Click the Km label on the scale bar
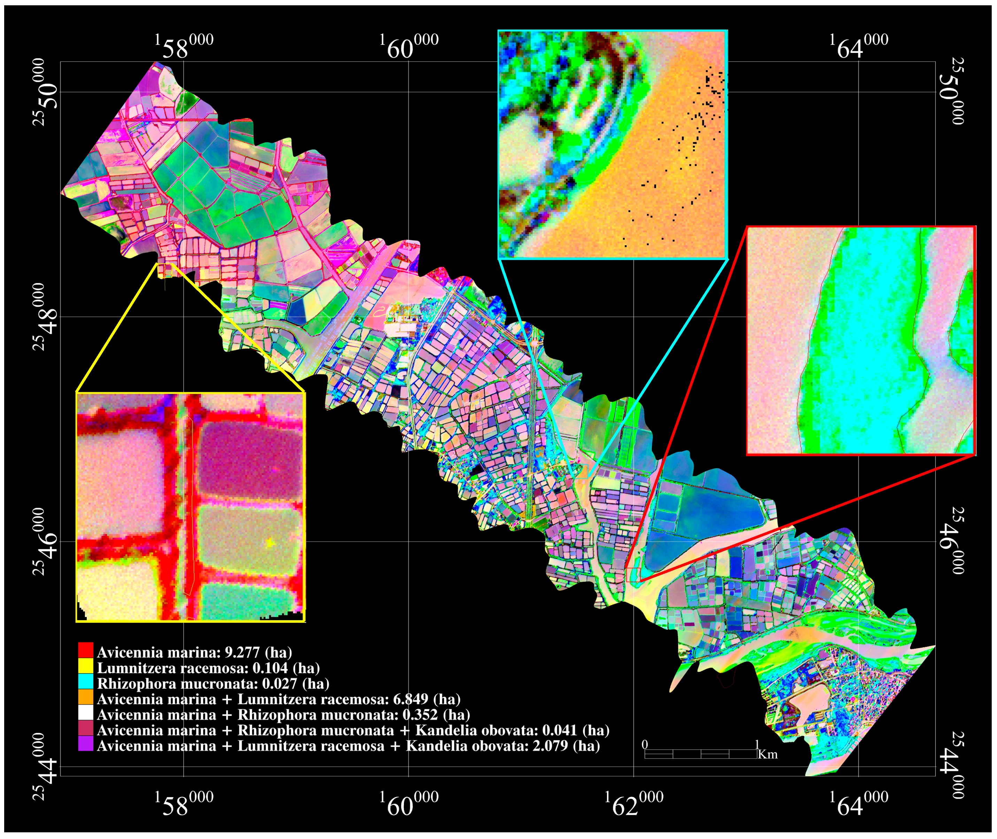point(768,754)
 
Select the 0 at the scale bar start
point(645,744)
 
